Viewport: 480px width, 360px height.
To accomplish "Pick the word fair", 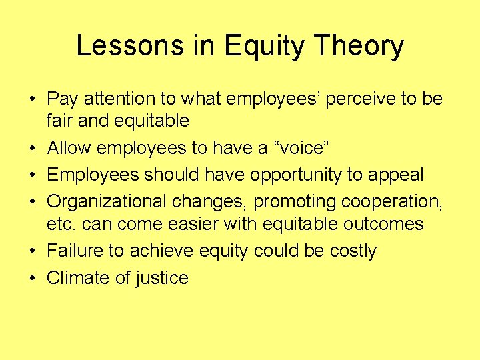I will pyautogui.click(x=59, y=121).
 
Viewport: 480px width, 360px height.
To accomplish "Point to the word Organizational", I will pyautogui.click(x=115, y=201).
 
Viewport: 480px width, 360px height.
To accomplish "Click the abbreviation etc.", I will pyautogui.click(x=61, y=223).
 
